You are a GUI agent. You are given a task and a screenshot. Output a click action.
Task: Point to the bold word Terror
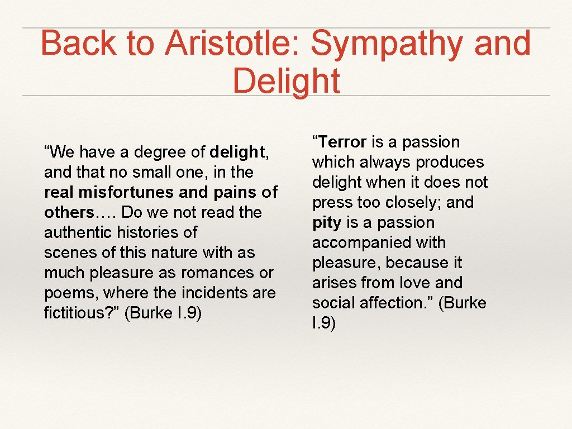coord(342,142)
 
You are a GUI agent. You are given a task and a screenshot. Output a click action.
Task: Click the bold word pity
coord(327,222)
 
